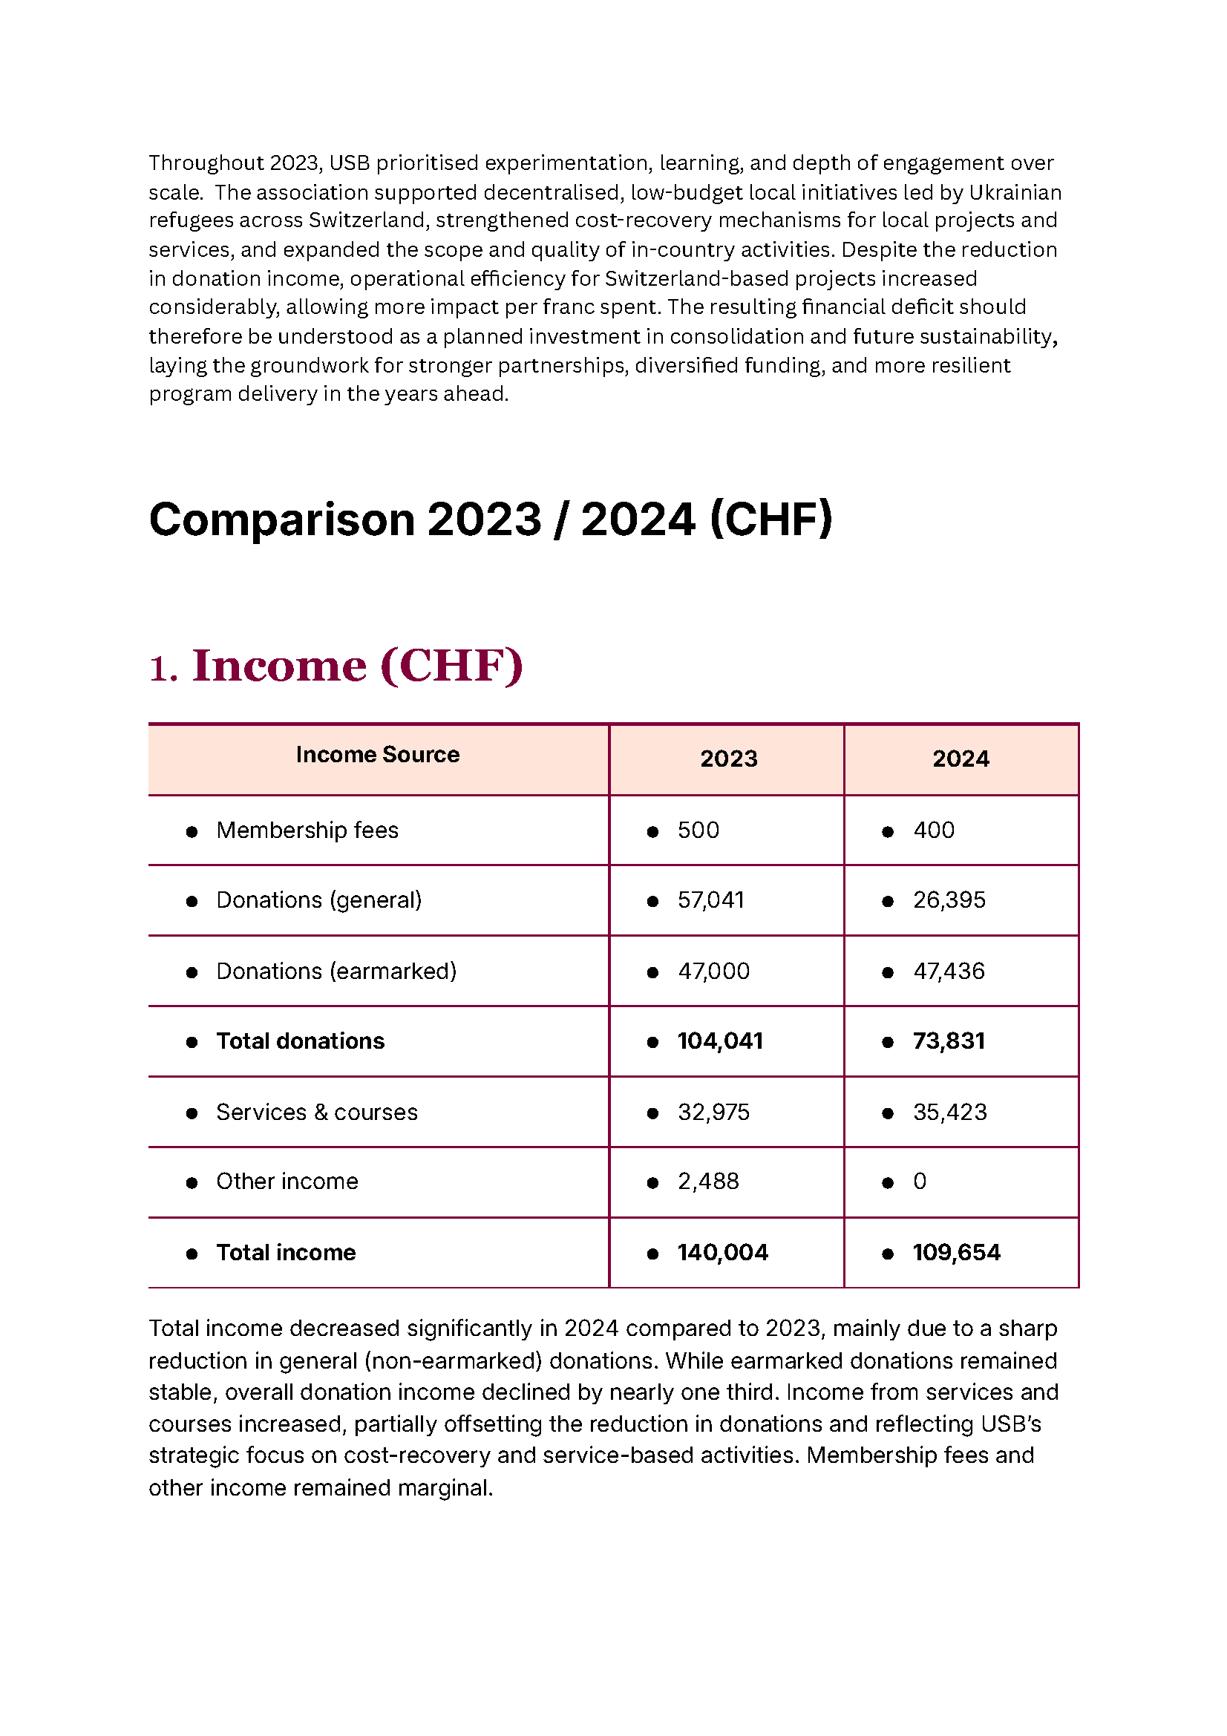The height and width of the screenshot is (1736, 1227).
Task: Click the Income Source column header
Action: [x=377, y=754]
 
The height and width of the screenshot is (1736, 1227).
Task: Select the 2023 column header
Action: [x=728, y=759]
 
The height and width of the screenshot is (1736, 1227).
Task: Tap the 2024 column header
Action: [x=960, y=759]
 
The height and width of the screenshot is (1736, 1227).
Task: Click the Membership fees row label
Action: [x=307, y=831]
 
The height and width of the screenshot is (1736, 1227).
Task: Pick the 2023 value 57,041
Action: [x=710, y=900]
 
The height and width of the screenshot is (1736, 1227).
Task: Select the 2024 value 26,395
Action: [x=949, y=900]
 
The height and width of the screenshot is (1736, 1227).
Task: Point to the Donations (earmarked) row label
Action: [x=336, y=971]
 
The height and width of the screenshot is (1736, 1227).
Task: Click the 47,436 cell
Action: [x=949, y=971]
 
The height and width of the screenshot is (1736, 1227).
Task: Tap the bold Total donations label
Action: [x=300, y=1041]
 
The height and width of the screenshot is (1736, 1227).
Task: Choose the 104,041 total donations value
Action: [x=720, y=1041]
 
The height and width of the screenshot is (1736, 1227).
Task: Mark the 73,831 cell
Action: [x=949, y=1041]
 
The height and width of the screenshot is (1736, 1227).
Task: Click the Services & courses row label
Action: [x=317, y=1113]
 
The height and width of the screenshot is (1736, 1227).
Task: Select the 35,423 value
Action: [x=949, y=1113]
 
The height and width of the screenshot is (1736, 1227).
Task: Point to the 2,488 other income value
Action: [x=707, y=1181]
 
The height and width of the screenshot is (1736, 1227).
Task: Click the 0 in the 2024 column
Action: [x=919, y=1181]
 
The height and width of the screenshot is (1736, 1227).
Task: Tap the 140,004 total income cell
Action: [x=722, y=1253]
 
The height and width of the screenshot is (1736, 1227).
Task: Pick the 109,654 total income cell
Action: [x=956, y=1253]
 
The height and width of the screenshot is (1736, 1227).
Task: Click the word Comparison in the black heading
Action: [x=281, y=520]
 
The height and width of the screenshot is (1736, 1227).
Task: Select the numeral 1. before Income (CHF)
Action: [x=163, y=669]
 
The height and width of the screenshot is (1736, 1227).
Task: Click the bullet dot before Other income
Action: [x=192, y=1182]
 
